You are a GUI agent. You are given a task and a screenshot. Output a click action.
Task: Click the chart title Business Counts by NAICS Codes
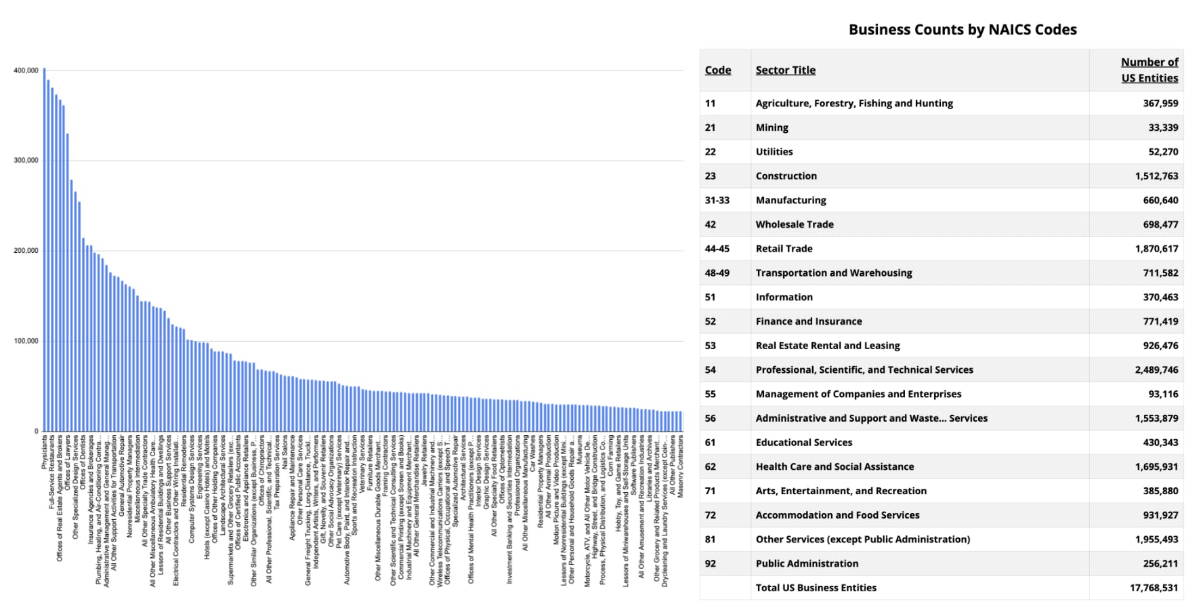point(962,30)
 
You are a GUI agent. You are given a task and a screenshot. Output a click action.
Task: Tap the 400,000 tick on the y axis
point(26,70)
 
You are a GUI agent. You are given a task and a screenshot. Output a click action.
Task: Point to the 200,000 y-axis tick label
point(26,251)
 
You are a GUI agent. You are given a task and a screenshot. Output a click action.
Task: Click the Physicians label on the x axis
point(45,452)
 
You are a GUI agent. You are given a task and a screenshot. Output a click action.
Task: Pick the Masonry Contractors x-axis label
point(681,466)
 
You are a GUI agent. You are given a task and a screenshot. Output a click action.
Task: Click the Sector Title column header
point(785,70)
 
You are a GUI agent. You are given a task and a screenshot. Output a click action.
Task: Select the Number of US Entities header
point(1149,70)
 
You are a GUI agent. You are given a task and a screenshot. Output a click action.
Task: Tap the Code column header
point(718,70)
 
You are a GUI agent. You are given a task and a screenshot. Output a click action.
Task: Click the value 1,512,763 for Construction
point(1156,176)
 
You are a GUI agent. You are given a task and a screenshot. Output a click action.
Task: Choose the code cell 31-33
point(717,201)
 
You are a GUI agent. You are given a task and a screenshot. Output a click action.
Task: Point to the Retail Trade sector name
point(784,249)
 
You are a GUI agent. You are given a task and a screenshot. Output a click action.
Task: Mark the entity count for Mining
point(1163,127)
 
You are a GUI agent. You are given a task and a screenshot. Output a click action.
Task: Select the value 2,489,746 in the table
point(1156,370)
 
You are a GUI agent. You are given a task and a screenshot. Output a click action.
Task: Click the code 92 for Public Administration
point(711,564)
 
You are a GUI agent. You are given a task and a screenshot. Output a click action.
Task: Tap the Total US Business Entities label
point(816,588)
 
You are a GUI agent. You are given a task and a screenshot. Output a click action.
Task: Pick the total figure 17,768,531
point(1154,588)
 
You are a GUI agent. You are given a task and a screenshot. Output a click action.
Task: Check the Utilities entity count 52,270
point(1163,152)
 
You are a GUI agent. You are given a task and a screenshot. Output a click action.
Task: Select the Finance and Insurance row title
point(809,321)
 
